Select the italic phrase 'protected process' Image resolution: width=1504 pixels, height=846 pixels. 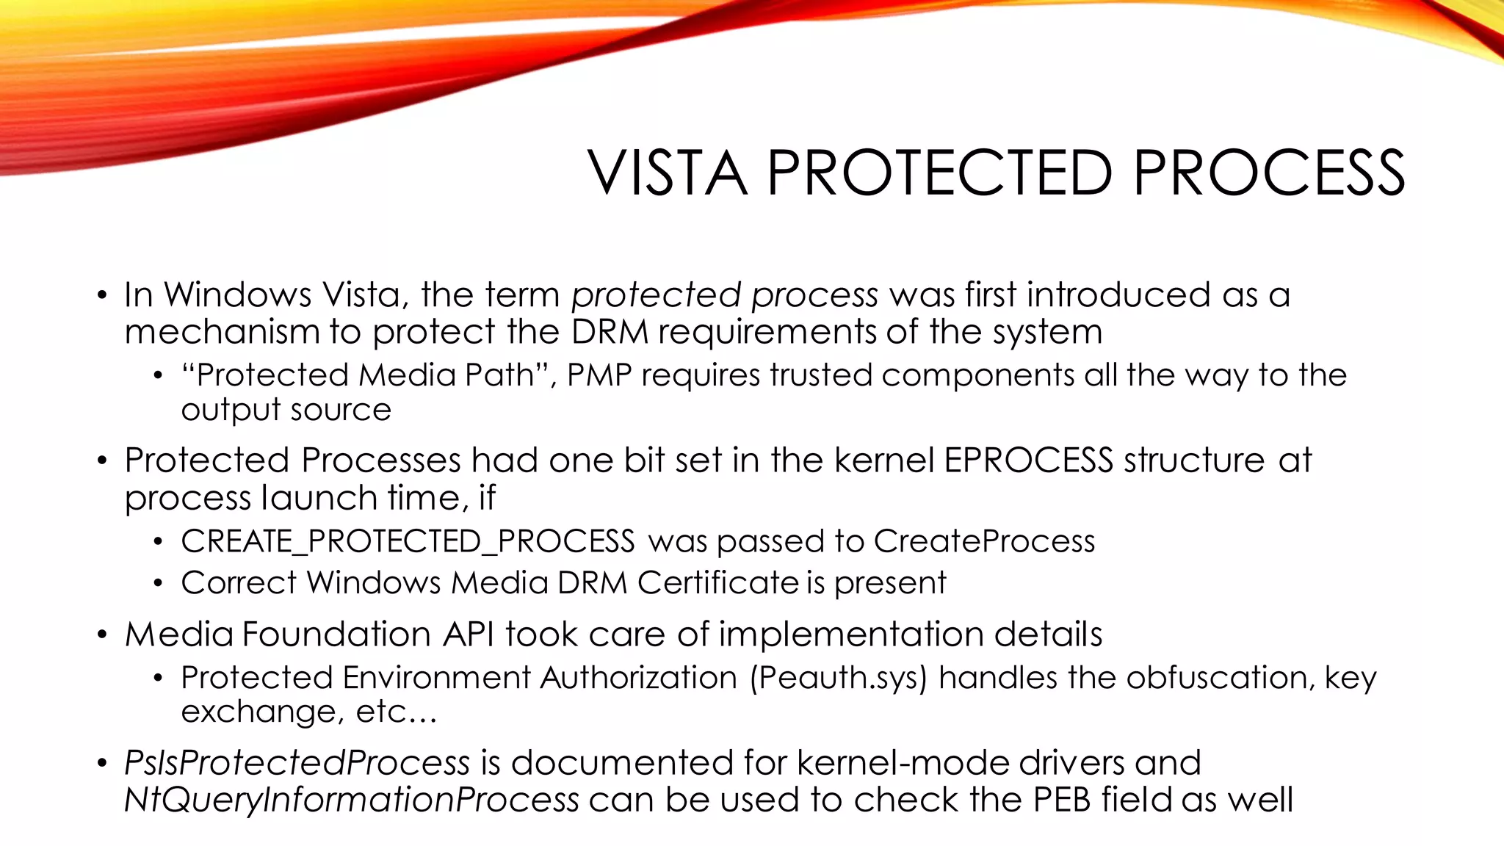coord(724,294)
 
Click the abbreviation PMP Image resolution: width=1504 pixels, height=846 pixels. coord(599,375)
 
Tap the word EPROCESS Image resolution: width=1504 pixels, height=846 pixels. coord(1028,460)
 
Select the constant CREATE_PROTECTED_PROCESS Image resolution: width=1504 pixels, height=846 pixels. coord(408,541)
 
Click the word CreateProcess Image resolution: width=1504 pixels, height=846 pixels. coord(984,541)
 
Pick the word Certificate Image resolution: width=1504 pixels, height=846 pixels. coord(717,582)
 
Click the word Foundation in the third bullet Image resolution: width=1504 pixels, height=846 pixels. coord(336,634)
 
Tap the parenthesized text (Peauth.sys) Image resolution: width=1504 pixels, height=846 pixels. coord(839,677)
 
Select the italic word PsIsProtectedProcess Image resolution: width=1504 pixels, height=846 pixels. coord(297,762)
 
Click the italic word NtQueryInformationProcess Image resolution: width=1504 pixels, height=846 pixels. coord(352,800)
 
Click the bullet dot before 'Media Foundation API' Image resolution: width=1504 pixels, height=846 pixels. coord(102,634)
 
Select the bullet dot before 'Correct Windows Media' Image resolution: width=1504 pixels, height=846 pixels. coord(157,583)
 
